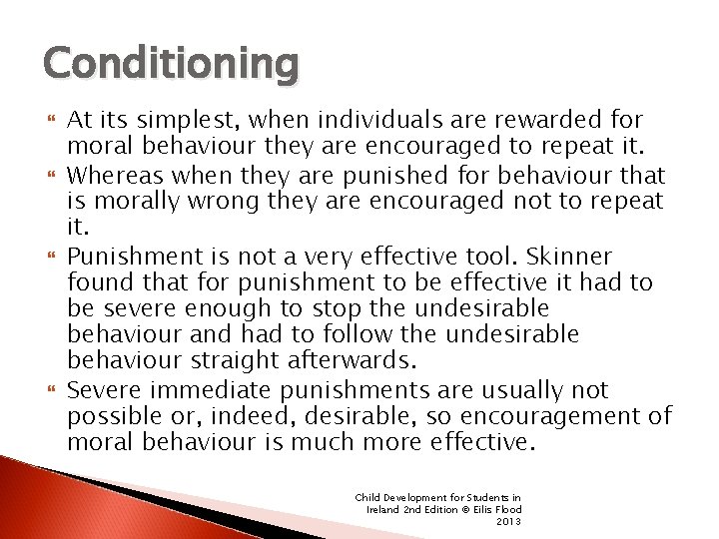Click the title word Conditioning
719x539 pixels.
click(x=171, y=64)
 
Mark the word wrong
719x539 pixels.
click(x=205, y=203)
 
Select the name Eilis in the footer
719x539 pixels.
click(x=479, y=509)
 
